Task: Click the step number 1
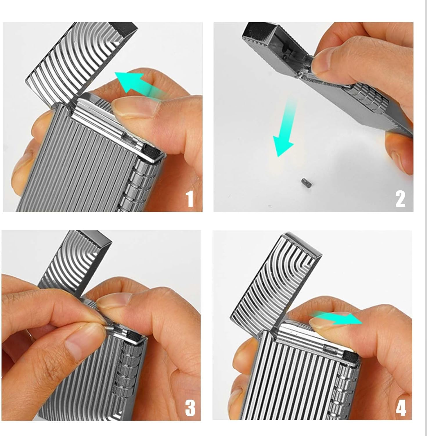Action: pyautogui.click(x=190, y=198)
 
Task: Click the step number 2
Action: pyautogui.click(x=400, y=198)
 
